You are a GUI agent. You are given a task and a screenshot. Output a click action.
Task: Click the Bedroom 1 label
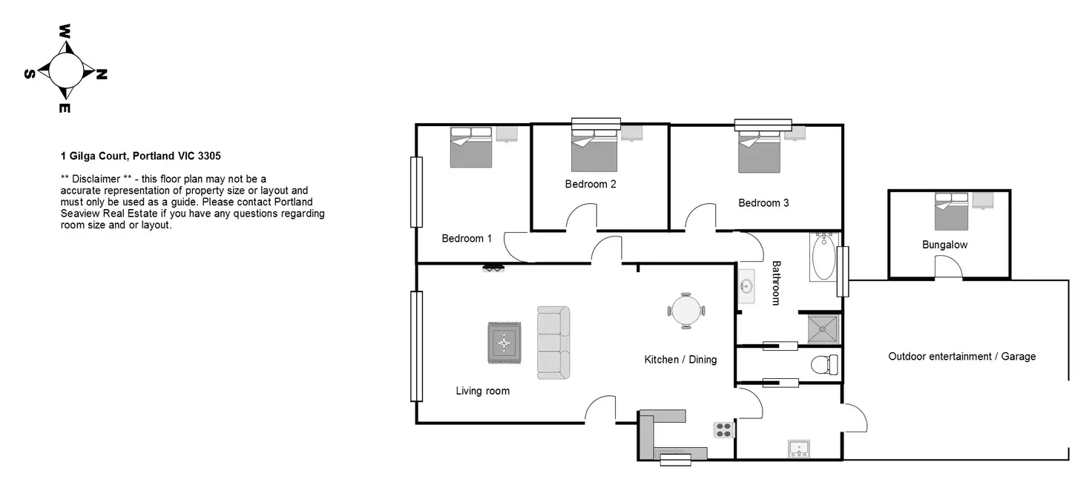467,239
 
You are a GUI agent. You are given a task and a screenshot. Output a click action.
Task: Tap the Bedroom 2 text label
591,184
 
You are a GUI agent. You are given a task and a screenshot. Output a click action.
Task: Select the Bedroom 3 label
763,202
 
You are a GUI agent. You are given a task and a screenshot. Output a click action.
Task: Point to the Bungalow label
944,244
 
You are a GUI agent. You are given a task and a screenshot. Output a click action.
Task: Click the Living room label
482,391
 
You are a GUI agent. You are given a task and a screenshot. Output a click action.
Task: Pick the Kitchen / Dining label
680,360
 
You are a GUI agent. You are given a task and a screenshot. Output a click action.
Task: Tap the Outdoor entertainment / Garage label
961,357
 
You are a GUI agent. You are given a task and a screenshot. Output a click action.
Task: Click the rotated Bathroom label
777,283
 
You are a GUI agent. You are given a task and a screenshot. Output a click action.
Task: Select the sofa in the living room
553,343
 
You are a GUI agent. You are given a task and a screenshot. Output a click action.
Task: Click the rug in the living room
504,343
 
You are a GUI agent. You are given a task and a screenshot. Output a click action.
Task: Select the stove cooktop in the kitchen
723,430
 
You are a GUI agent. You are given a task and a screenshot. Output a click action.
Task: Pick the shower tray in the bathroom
824,328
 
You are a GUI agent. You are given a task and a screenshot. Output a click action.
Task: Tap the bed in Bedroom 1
471,148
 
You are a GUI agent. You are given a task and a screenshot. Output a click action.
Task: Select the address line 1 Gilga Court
141,156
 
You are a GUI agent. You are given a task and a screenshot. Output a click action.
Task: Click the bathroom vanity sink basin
747,286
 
